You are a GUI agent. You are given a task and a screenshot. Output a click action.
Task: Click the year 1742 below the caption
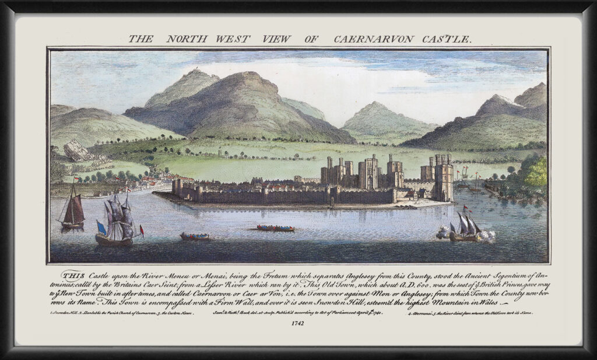point(298,324)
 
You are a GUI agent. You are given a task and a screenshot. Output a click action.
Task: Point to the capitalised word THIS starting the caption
point(72,274)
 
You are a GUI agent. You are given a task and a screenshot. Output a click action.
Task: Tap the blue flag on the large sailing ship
point(101,227)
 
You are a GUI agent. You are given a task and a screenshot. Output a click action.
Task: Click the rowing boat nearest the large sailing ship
point(195,237)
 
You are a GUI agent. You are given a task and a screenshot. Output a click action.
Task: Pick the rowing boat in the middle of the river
point(275,228)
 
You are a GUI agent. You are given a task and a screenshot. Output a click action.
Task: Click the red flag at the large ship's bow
point(142,228)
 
